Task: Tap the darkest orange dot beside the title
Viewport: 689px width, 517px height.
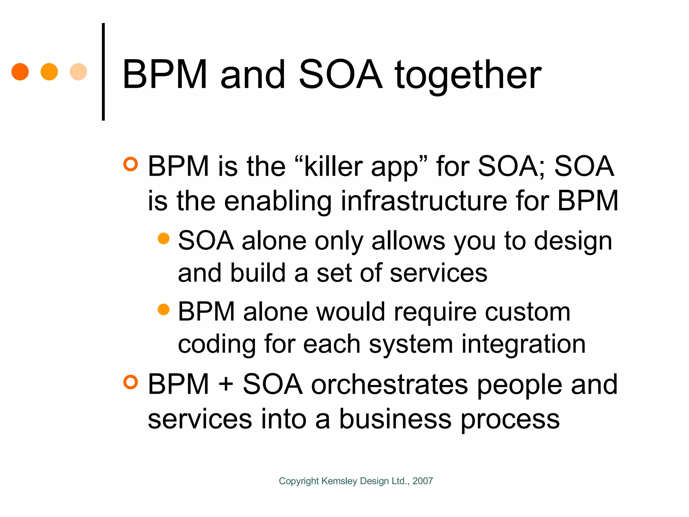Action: [20, 72]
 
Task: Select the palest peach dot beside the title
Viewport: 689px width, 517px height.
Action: [78, 72]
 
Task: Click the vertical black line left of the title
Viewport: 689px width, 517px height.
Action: [103, 72]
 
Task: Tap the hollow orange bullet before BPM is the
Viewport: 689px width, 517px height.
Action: [131, 164]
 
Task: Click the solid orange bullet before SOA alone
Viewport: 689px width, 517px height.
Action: [164, 238]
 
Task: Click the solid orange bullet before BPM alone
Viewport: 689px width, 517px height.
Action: [164, 309]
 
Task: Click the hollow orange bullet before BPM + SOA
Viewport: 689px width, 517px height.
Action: [131, 382]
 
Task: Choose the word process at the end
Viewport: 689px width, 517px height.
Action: [510, 420]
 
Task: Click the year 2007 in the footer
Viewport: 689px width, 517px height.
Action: [423, 481]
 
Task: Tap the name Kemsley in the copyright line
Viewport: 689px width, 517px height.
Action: [339, 481]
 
